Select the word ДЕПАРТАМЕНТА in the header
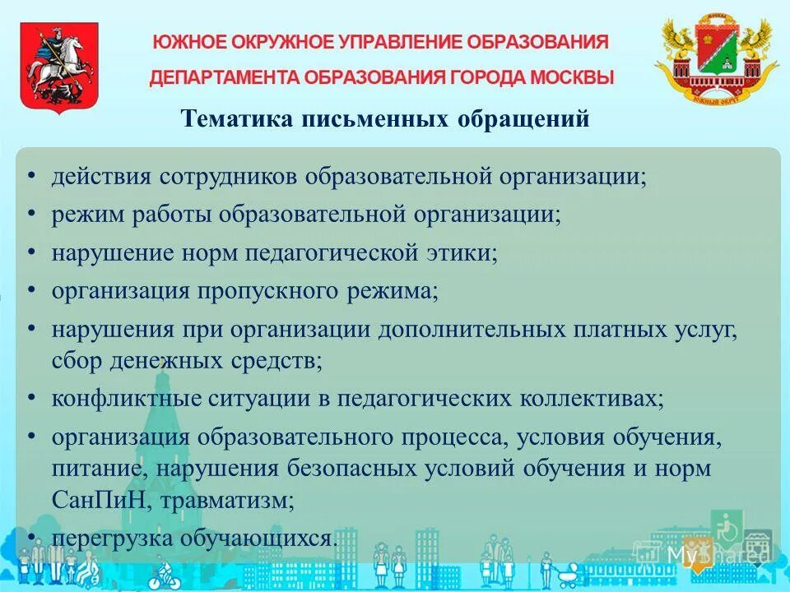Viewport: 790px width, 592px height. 225,78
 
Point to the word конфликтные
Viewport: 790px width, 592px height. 128,399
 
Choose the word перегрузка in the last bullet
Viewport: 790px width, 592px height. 112,539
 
